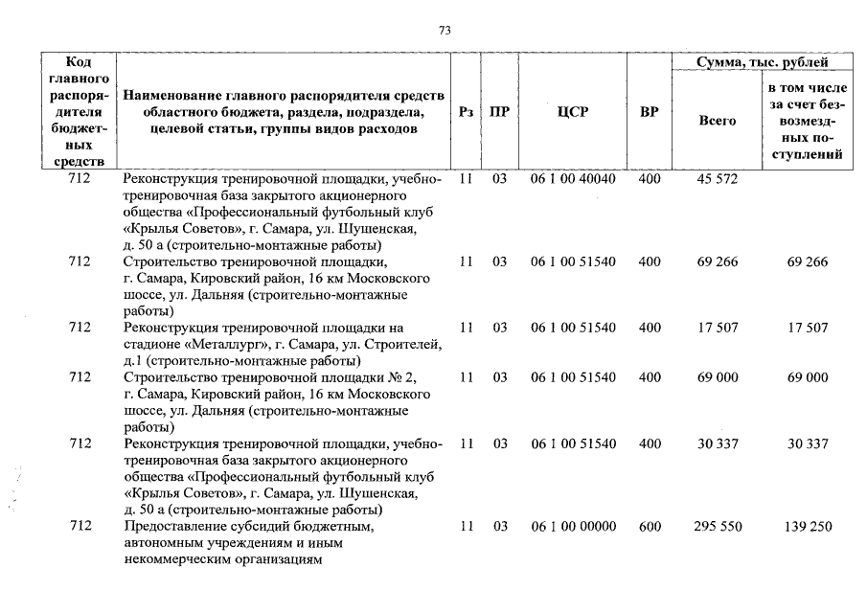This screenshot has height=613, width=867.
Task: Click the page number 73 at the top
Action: click(x=445, y=31)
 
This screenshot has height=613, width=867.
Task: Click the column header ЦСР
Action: click(x=573, y=112)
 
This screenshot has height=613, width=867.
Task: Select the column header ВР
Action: click(x=650, y=112)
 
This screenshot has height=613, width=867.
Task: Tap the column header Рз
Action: click(x=466, y=112)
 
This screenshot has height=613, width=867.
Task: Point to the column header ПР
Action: click(x=499, y=112)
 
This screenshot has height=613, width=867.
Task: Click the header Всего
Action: click(x=718, y=121)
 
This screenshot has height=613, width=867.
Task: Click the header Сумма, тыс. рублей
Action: click(x=762, y=62)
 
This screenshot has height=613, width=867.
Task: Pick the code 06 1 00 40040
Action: click(x=573, y=180)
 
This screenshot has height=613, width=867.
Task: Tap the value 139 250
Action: click(x=808, y=527)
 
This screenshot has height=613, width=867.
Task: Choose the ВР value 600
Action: click(x=650, y=527)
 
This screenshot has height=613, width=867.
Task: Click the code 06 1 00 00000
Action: click(x=573, y=527)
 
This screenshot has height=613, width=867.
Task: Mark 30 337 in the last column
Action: click(x=808, y=444)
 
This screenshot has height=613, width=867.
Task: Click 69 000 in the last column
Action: click(x=808, y=378)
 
